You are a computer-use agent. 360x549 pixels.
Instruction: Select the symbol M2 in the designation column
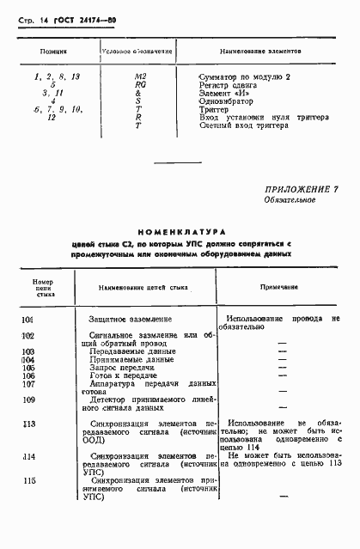point(141,77)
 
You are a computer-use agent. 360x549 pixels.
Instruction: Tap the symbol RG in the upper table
point(141,85)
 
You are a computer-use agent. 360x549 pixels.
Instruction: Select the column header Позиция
point(54,52)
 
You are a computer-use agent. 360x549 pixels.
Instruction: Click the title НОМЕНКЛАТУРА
point(180,231)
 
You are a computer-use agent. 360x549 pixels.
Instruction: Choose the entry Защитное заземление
point(131,319)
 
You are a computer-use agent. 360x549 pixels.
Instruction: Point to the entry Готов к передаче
point(125,375)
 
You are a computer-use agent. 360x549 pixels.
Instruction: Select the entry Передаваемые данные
point(131,351)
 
